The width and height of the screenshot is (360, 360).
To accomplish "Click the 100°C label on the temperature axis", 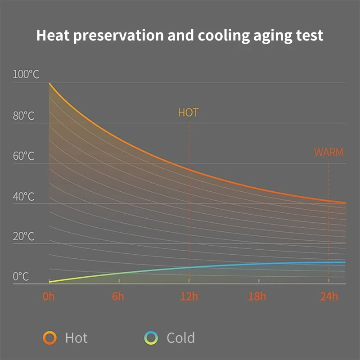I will tap(26, 75).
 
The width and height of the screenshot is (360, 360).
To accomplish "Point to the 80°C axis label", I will tap(24, 116).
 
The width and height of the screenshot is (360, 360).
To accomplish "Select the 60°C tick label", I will tap(24, 157).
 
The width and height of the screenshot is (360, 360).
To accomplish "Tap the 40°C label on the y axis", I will tap(24, 197).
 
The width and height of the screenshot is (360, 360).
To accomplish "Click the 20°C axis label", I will tap(24, 237).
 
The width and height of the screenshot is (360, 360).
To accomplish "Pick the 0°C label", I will tap(21, 277).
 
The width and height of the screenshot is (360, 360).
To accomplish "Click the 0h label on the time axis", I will tap(49, 297).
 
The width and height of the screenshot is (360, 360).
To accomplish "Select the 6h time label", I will tap(118, 297).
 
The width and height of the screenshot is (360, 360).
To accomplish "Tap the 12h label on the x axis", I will tap(189, 297).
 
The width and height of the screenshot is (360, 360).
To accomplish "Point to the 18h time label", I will tap(258, 297).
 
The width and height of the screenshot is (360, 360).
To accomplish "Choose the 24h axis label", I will tap(329, 297).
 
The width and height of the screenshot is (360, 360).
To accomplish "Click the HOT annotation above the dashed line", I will tap(188, 113).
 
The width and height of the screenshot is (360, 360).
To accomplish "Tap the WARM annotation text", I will tap(328, 153).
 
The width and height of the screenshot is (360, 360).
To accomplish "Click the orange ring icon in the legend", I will tap(49, 337).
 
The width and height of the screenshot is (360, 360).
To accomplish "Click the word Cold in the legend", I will tap(180, 337).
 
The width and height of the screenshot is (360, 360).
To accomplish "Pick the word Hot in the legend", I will tap(76, 337).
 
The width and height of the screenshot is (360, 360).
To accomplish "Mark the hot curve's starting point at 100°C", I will tap(49, 83).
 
